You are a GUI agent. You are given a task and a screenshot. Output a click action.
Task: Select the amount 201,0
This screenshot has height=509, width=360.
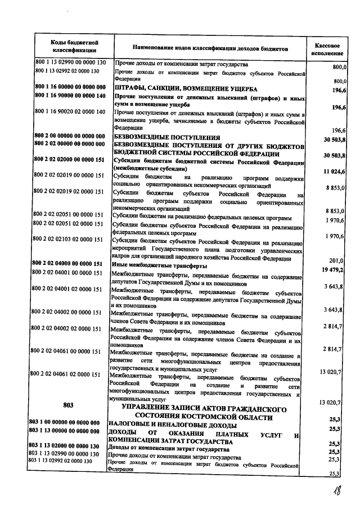click(336, 260)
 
